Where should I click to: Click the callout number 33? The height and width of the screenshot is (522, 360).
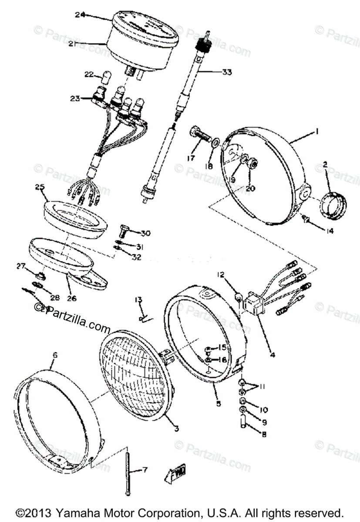pos(227,72)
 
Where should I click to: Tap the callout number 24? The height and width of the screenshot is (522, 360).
pos(80,14)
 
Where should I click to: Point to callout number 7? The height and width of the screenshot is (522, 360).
pos(145,470)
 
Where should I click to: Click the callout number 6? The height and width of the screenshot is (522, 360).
pos(55,355)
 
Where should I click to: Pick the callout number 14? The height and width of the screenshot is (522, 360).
pos(328,231)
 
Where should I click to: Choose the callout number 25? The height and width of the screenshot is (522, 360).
pos(40,187)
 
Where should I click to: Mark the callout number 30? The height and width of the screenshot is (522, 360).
pos(145,234)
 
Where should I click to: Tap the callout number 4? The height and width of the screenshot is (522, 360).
pos(272,355)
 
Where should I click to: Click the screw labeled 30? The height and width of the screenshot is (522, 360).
pos(124,229)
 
